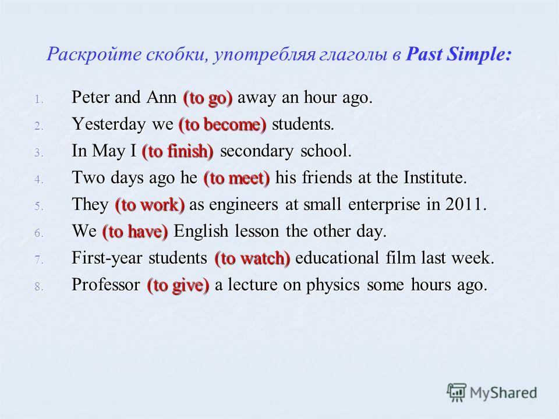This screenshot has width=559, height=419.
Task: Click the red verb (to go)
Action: [x=208, y=98]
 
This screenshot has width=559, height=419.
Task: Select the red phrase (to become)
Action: [x=222, y=125]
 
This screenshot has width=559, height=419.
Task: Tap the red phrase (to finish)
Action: [x=178, y=151]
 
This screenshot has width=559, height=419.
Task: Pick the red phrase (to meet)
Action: [x=237, y=178]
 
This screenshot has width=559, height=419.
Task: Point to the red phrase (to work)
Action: [x=150, y=205]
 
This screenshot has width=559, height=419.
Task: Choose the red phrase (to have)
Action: [x=135, y=232]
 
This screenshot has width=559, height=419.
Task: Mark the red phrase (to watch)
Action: [x=252, y=258]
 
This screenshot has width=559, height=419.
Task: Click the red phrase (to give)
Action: [x=178, y=285]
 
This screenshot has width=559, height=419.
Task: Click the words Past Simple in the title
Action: [x=459, y=55]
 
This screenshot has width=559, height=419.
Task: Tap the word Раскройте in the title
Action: [x=94, y=55]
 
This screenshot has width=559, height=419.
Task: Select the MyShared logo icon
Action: [x=457, y=393]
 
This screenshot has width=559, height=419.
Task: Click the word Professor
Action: [x=106, y=285]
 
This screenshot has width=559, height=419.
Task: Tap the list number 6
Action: [x=38, y=233]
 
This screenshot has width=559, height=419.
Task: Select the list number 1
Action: [x=38, y=100]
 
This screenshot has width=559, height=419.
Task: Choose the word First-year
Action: [x=107, y=258]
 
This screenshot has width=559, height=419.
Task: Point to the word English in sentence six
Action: [x=201, y=232]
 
